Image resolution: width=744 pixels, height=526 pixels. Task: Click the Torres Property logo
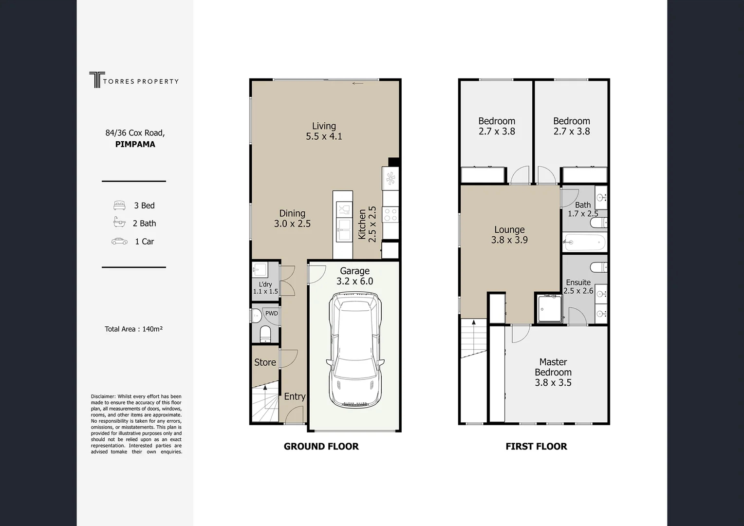[133, 80]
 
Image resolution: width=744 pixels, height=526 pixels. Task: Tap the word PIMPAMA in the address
[135, 144]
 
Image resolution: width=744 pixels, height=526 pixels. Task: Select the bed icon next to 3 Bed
[119, 206]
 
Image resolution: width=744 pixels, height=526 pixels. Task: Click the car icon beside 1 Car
[119, 241]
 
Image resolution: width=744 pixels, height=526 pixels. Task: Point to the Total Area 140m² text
[133, 329]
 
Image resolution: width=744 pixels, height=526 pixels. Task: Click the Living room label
[324, 131]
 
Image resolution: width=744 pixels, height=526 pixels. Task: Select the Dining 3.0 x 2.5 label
[292, 219]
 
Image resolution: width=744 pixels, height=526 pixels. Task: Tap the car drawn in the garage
[354, 350]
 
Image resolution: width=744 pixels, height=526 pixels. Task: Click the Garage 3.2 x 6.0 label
[354, 276]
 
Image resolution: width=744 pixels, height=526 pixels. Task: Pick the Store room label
[265, 362]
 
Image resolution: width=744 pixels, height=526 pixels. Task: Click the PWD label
[271, 313]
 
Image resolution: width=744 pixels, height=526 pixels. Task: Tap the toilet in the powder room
[265, 334]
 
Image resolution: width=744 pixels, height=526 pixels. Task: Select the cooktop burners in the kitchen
[391, 214]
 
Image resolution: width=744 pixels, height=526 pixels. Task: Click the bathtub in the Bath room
[584, 242]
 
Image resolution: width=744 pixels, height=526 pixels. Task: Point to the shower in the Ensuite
[549, 308]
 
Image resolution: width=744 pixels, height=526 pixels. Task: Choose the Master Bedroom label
[553, 372]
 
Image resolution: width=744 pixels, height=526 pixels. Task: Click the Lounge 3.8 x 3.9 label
[509, 235]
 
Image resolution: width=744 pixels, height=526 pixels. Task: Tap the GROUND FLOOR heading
[321, 447]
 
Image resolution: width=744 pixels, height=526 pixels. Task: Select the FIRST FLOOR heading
[536, 447]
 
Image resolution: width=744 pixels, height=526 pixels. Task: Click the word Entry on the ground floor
[295, 396]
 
